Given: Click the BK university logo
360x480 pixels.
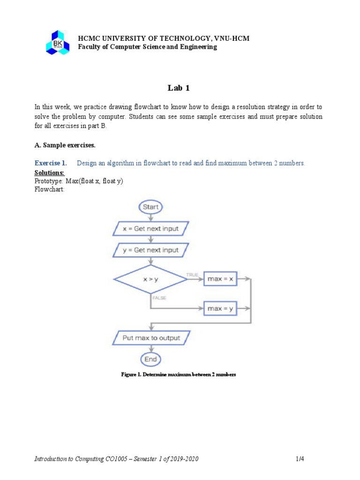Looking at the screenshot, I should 57,42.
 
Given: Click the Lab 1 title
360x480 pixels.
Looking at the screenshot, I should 180,88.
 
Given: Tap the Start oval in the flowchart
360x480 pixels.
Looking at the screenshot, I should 150,207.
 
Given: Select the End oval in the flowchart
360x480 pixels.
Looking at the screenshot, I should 150,359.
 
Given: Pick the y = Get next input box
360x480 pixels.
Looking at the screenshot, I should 150,250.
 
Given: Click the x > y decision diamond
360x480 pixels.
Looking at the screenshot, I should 150,279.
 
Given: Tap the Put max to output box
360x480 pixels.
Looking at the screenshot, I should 150,337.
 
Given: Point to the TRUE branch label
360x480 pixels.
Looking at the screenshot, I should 192,275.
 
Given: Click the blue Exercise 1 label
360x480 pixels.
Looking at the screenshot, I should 51,163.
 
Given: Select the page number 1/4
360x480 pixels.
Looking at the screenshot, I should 300,459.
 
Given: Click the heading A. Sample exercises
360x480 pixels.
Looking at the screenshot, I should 65,145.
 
